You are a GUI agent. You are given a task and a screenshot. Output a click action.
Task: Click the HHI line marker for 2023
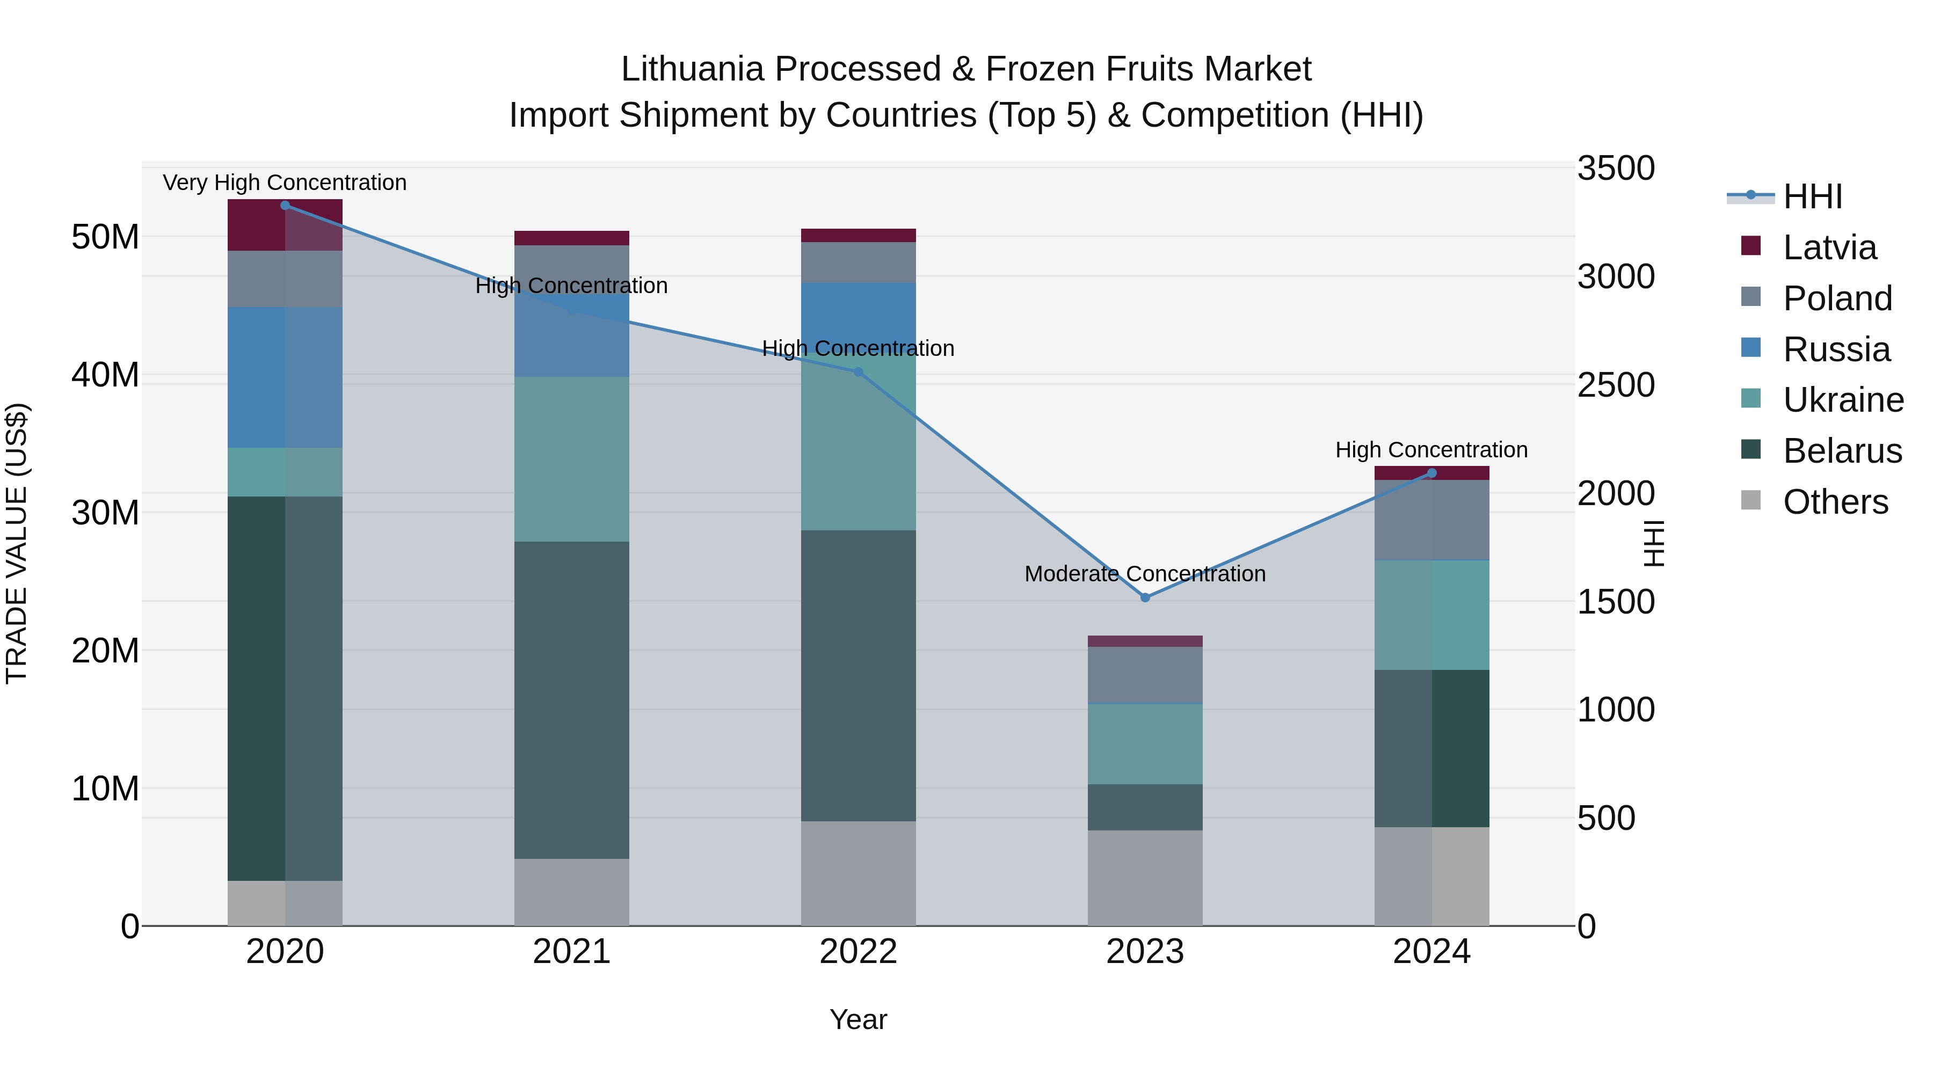click(x=1145, y=598)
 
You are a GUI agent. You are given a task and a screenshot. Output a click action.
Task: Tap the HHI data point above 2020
click(x=285, y=206)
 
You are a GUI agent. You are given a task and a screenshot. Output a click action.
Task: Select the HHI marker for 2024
click(x=1431, y=473)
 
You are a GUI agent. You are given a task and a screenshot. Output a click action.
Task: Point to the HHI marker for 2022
click(x=859, y=372)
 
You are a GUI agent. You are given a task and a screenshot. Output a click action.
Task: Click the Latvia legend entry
click(x=1829, y=247)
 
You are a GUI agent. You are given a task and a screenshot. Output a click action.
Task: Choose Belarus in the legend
click(x=1842, y=451)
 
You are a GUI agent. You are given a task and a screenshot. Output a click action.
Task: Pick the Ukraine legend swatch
click(x=1750, y=398)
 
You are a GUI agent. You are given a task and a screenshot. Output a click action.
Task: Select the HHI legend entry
click(x=1812, y=196)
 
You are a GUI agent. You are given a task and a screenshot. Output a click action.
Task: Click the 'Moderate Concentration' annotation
click(x=1145, y=574)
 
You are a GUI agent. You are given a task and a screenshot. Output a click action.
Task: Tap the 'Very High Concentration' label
click(x=285, y=183)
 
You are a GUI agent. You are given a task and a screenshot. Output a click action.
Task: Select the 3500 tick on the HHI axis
click(x=1616, y=168)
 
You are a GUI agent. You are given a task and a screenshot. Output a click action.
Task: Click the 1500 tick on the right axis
click(x=1616, y=602)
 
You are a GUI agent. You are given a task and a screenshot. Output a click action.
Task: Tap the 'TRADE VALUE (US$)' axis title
click(x=17, y=544)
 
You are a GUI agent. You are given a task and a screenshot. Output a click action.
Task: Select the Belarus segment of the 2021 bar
click(x=572, y=700)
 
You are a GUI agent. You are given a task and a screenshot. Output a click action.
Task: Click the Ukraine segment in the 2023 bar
click(x=1145, y=744)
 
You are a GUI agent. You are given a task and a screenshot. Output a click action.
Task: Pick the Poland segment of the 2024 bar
click(x=1431, y=520)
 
